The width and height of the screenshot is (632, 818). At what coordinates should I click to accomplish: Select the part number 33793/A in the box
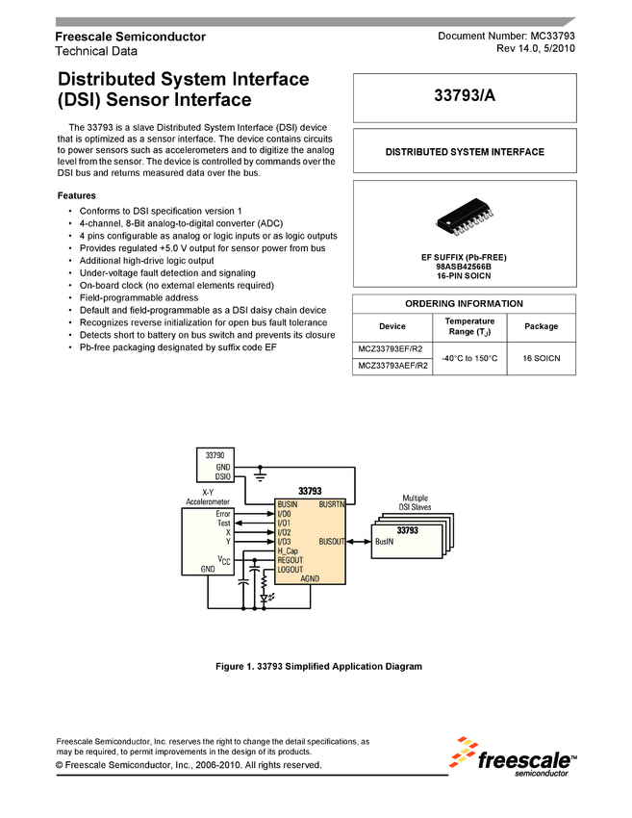click(x=465, y=97)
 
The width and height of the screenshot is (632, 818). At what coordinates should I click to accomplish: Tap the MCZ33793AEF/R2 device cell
click(x=392, y=366)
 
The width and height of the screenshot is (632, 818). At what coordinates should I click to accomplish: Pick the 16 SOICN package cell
click(x=541, y=358)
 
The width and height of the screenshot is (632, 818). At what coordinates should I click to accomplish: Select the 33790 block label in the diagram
click(x=215, y=453)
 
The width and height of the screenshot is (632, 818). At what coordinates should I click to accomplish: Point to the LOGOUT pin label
click(x=290, y=570)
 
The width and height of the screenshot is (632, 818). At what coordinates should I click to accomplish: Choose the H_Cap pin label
click(x=288, y=550)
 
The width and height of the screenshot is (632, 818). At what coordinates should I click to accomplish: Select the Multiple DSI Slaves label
click(x=415, y=502)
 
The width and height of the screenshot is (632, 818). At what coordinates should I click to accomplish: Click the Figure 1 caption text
click(x=318, y=666)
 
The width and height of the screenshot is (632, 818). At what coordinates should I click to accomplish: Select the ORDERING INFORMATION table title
click(x=465, y=304)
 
